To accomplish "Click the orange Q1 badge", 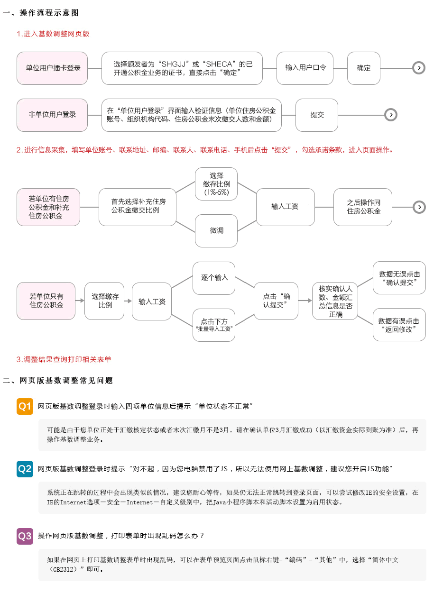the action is (x=25, y=406).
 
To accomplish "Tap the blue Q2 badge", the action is (x=25, y=469).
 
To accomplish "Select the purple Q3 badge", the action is (x=25, y=536).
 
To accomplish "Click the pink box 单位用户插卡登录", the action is (x=52, y=68).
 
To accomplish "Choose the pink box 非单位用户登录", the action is (x=52, y=115).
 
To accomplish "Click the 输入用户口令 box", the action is (x=305, y=68).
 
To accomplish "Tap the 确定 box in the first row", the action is (x=363, y=68).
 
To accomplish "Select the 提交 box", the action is (x=317, y=115).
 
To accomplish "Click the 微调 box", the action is (x=216, y=231).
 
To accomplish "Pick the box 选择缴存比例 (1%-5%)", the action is (x=216, y=184).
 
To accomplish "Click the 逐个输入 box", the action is (x=214, y=278).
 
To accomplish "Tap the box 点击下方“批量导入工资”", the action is (x=214, y=325).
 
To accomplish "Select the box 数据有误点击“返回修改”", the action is (x=399, y=325).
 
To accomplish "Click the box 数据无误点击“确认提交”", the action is (x=399, y=278).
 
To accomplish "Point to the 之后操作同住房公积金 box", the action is (x=363, y=207).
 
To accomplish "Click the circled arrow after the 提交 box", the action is (x=390, y=115).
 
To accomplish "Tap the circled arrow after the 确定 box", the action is (x=419, y=68).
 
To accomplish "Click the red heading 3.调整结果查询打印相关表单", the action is (x=64, y=359).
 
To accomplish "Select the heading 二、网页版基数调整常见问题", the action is (x=57, y=380).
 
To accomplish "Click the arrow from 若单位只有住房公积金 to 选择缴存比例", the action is (x=80, y=301).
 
